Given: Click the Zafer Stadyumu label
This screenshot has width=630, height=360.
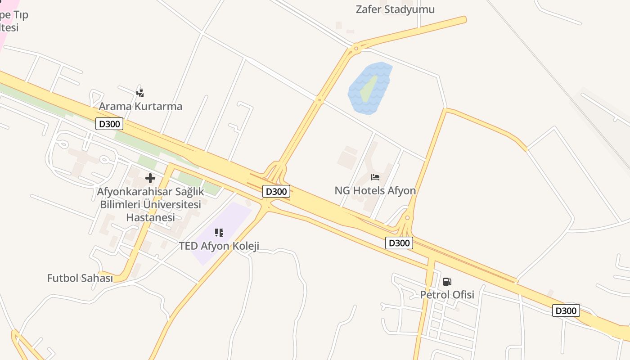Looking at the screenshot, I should point(395,9).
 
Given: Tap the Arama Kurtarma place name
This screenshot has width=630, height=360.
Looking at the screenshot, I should point(140,107).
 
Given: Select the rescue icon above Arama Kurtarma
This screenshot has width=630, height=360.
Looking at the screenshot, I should point(140,93).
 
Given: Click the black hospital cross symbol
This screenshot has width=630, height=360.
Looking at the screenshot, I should point(150,178).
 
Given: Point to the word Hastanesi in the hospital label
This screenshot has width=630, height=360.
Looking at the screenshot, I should point(150,217).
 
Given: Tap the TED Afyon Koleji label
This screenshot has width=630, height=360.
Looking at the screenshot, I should point(219,246).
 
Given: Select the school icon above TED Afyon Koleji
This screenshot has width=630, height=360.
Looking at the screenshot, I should point(219,233).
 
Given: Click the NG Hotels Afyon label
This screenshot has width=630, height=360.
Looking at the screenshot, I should point(375,191).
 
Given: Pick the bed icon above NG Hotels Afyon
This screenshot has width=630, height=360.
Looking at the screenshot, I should point(375,177).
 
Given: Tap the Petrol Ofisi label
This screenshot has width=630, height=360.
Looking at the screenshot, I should point(447,295).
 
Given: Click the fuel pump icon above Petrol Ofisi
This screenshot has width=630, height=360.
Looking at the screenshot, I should point(447,282).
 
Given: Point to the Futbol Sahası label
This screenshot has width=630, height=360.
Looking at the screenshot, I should point(80,278).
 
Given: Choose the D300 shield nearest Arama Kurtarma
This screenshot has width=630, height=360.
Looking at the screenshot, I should point(109,124).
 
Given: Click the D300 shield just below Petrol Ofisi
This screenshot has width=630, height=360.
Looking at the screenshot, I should point(566,310).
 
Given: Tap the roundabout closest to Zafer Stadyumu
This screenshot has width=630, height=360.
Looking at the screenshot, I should point(356,48).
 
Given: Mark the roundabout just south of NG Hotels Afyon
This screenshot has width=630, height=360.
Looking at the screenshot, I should point(407,218).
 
